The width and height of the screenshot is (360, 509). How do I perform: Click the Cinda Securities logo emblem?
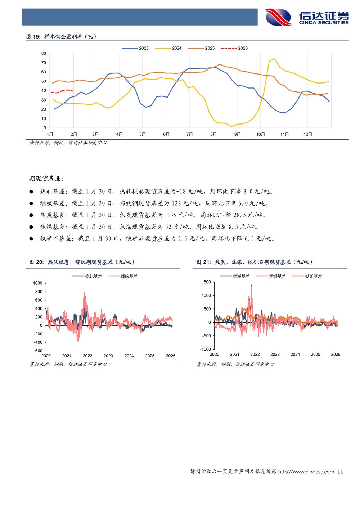[278, 17]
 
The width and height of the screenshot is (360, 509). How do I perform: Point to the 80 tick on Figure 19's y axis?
[44, 54]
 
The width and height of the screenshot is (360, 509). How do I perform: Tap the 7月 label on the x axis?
[189, 135]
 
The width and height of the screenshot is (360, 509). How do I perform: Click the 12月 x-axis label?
[308, 135]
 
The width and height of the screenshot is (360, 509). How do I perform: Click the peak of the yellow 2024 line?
[274, 59]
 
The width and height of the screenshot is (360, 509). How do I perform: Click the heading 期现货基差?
[46, 179]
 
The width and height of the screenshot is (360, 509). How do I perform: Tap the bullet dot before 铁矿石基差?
[31, 239]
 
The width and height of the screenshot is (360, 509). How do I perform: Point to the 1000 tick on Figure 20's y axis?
[38, 283]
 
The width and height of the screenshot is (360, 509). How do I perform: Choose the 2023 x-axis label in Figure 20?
[108, 356]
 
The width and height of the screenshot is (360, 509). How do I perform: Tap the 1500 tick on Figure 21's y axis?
[206, 282]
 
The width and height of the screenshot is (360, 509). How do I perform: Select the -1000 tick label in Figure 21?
[206, 349]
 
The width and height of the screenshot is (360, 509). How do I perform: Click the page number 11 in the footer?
[340, 472]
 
